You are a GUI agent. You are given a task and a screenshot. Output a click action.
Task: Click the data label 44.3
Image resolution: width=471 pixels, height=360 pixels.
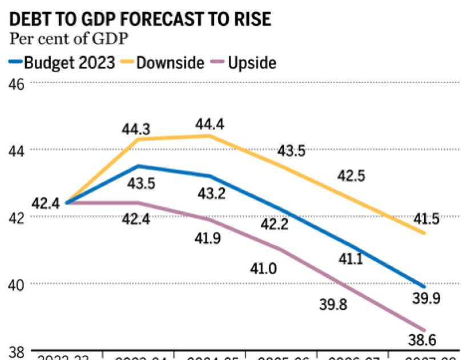tap(136, 130)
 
